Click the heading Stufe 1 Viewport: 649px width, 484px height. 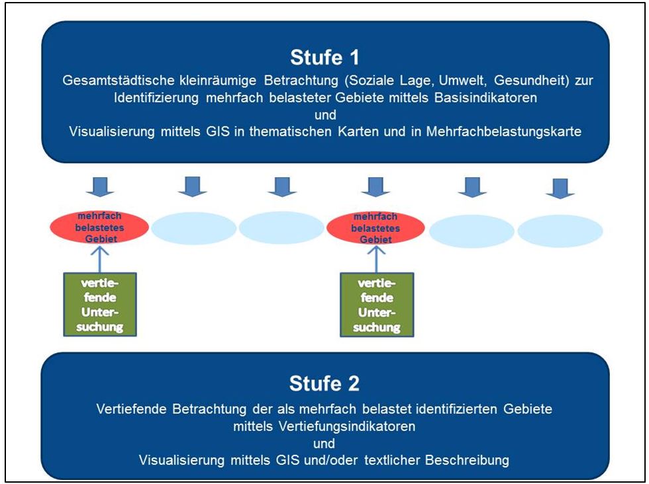click(324, 58)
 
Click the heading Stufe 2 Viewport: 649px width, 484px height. click(324, 383)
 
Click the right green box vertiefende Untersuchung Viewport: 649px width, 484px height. click(375, 303)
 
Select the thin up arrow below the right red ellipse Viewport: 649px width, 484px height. click(375, 257)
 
